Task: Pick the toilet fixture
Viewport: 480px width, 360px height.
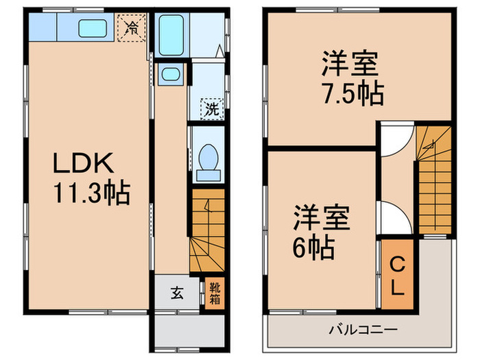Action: (x=206, y=157)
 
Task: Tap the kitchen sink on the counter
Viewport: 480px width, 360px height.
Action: (x=92, y=28)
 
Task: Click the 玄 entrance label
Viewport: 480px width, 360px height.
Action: (x=177, y=293)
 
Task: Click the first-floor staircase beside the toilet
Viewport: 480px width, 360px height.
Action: (x=207, y=233)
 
